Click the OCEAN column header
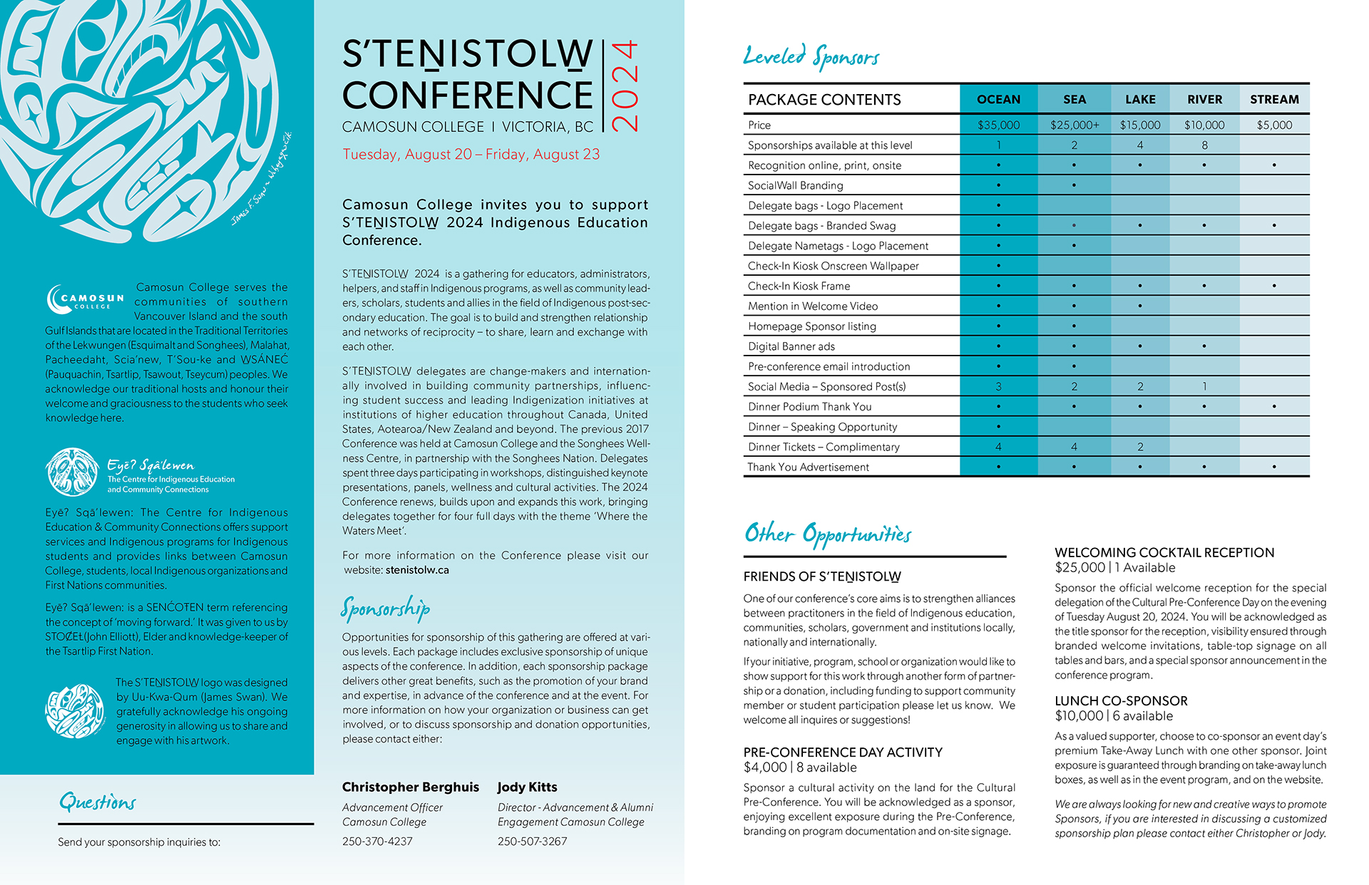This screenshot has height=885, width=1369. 998,100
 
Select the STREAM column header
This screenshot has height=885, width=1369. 1274,100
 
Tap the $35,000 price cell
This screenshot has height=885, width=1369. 998,125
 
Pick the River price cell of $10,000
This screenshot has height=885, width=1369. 1204,125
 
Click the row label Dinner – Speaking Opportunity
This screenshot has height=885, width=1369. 822,427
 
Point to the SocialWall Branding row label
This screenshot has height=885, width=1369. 795,185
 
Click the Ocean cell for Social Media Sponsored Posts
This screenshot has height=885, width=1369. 998,387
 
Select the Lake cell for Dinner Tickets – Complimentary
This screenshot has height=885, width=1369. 1139,447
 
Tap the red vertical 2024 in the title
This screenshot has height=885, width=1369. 625,86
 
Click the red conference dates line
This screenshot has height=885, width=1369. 471,155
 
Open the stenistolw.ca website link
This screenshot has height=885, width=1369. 417,570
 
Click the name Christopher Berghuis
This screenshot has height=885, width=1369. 410,787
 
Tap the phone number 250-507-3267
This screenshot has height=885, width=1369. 532,842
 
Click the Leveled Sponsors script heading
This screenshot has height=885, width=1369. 811,56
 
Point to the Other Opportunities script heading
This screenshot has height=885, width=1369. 827,534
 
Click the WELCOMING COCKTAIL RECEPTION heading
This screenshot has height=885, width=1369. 1164,552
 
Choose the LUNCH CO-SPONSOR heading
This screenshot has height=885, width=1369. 1121,700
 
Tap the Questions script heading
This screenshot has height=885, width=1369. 97,802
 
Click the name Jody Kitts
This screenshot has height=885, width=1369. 527,787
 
